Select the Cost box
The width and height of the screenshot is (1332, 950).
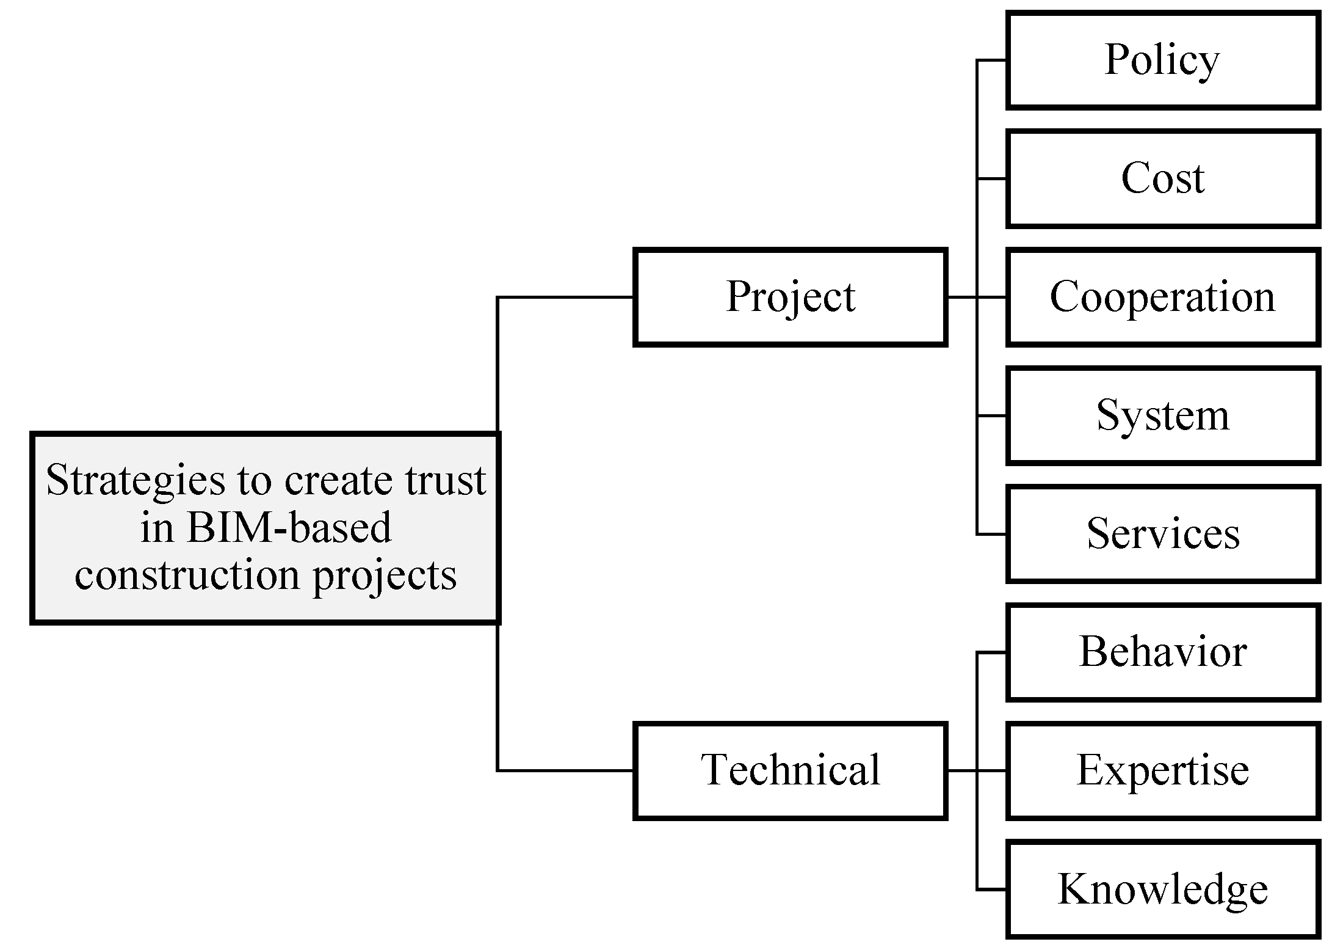pos(1162,179)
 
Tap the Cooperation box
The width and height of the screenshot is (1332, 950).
pos(1162,298)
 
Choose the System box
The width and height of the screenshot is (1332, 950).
pos(1162,416)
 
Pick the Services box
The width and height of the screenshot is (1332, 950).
pos(1162,535)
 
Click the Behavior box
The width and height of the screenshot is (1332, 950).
pos(1162,652)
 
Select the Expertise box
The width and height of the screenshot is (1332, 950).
pos(1162,771)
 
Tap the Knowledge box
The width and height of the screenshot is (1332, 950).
pos(1162,890)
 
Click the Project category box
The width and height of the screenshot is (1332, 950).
pos(791,298)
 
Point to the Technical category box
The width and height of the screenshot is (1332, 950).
pos(791,771)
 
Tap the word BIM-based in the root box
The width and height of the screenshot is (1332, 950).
pos(288,528)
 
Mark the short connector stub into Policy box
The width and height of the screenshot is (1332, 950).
pos(991,60)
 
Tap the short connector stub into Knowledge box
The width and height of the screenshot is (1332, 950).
pos(991,890)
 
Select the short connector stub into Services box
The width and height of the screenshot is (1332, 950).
pos(991,535)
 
